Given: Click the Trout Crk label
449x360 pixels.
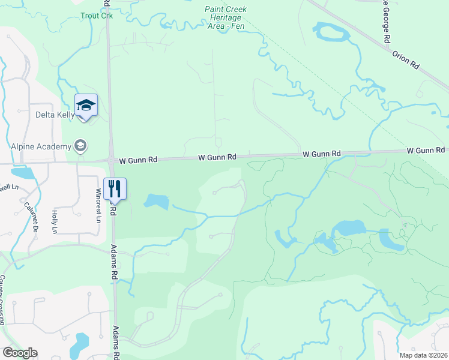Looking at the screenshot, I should coord(97,16).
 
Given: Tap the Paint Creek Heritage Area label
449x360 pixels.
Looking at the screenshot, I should coord(226,18).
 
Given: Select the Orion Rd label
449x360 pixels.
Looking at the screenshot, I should coord(406,60).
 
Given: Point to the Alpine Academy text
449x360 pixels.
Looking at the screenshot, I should coord(40,146).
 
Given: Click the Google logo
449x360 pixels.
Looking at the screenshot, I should coord(20,353).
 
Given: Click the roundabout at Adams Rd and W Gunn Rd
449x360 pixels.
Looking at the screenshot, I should coord(112,160).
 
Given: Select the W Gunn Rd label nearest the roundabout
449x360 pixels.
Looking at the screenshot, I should coord(138,160).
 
